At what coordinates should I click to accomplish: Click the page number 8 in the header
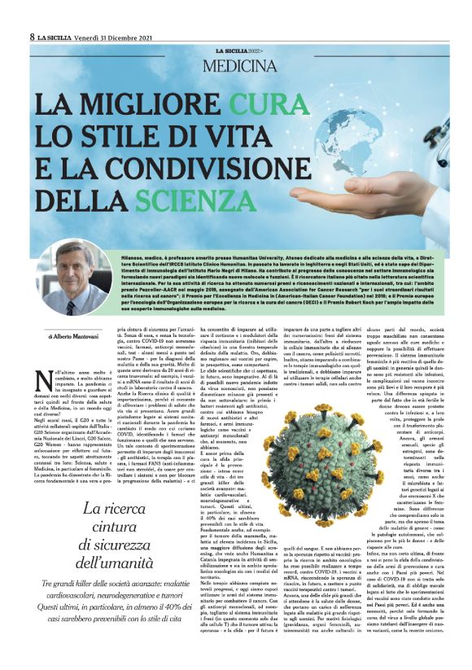tap(32, 37)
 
